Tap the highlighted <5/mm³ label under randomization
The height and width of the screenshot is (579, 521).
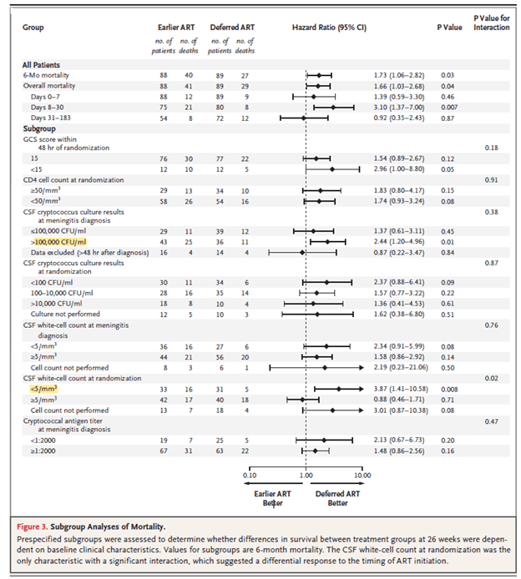(x=43, y=388)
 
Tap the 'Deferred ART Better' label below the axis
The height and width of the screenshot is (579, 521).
(x=338, y=498)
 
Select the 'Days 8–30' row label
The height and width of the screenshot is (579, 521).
(x=48, y=108)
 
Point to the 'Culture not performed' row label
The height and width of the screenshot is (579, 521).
(x=66, y=315)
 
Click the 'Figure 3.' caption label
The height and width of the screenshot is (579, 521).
(x=43, y=527)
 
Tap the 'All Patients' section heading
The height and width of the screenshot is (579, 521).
(x=41, y=65)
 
